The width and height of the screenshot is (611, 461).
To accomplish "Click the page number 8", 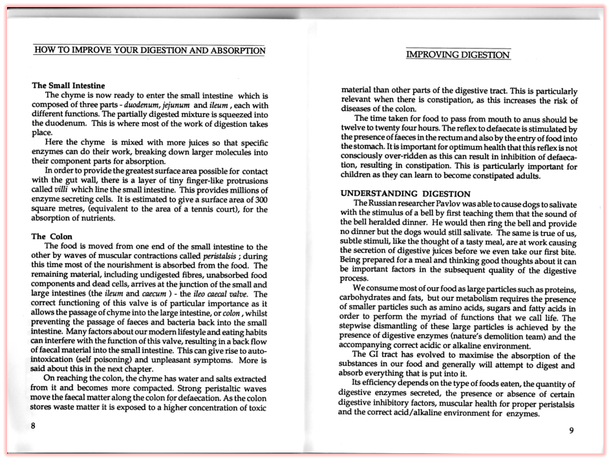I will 34,425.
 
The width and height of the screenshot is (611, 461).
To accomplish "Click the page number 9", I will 571,431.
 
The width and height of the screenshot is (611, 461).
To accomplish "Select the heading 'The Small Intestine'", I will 69,85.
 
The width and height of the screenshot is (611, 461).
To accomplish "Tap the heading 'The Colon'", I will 52,237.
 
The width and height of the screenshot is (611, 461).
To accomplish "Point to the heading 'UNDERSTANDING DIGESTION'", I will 405,193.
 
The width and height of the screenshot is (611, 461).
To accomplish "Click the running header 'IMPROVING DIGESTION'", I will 458,55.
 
